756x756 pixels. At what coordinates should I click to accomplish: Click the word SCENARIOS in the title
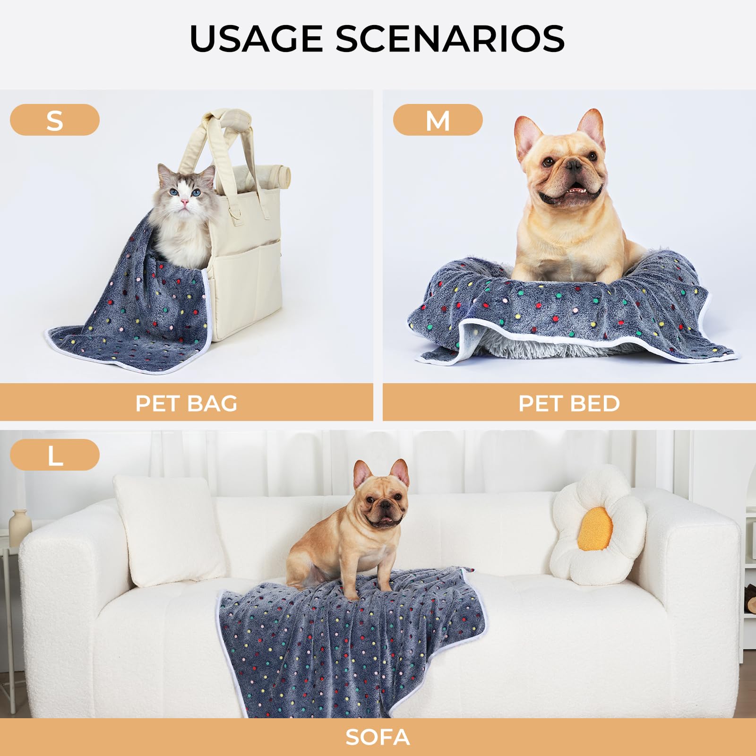(450, 39)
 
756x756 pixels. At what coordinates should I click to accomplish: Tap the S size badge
(55, 120)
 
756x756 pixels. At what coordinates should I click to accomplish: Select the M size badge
(438, 120)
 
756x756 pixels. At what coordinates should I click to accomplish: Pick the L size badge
(55, 455)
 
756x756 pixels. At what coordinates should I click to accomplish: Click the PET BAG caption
(186, 403)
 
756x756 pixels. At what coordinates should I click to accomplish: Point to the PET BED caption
(569, 403)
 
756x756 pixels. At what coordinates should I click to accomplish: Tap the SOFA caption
(378, 737)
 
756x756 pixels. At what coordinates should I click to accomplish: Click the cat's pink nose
(184, 202)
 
